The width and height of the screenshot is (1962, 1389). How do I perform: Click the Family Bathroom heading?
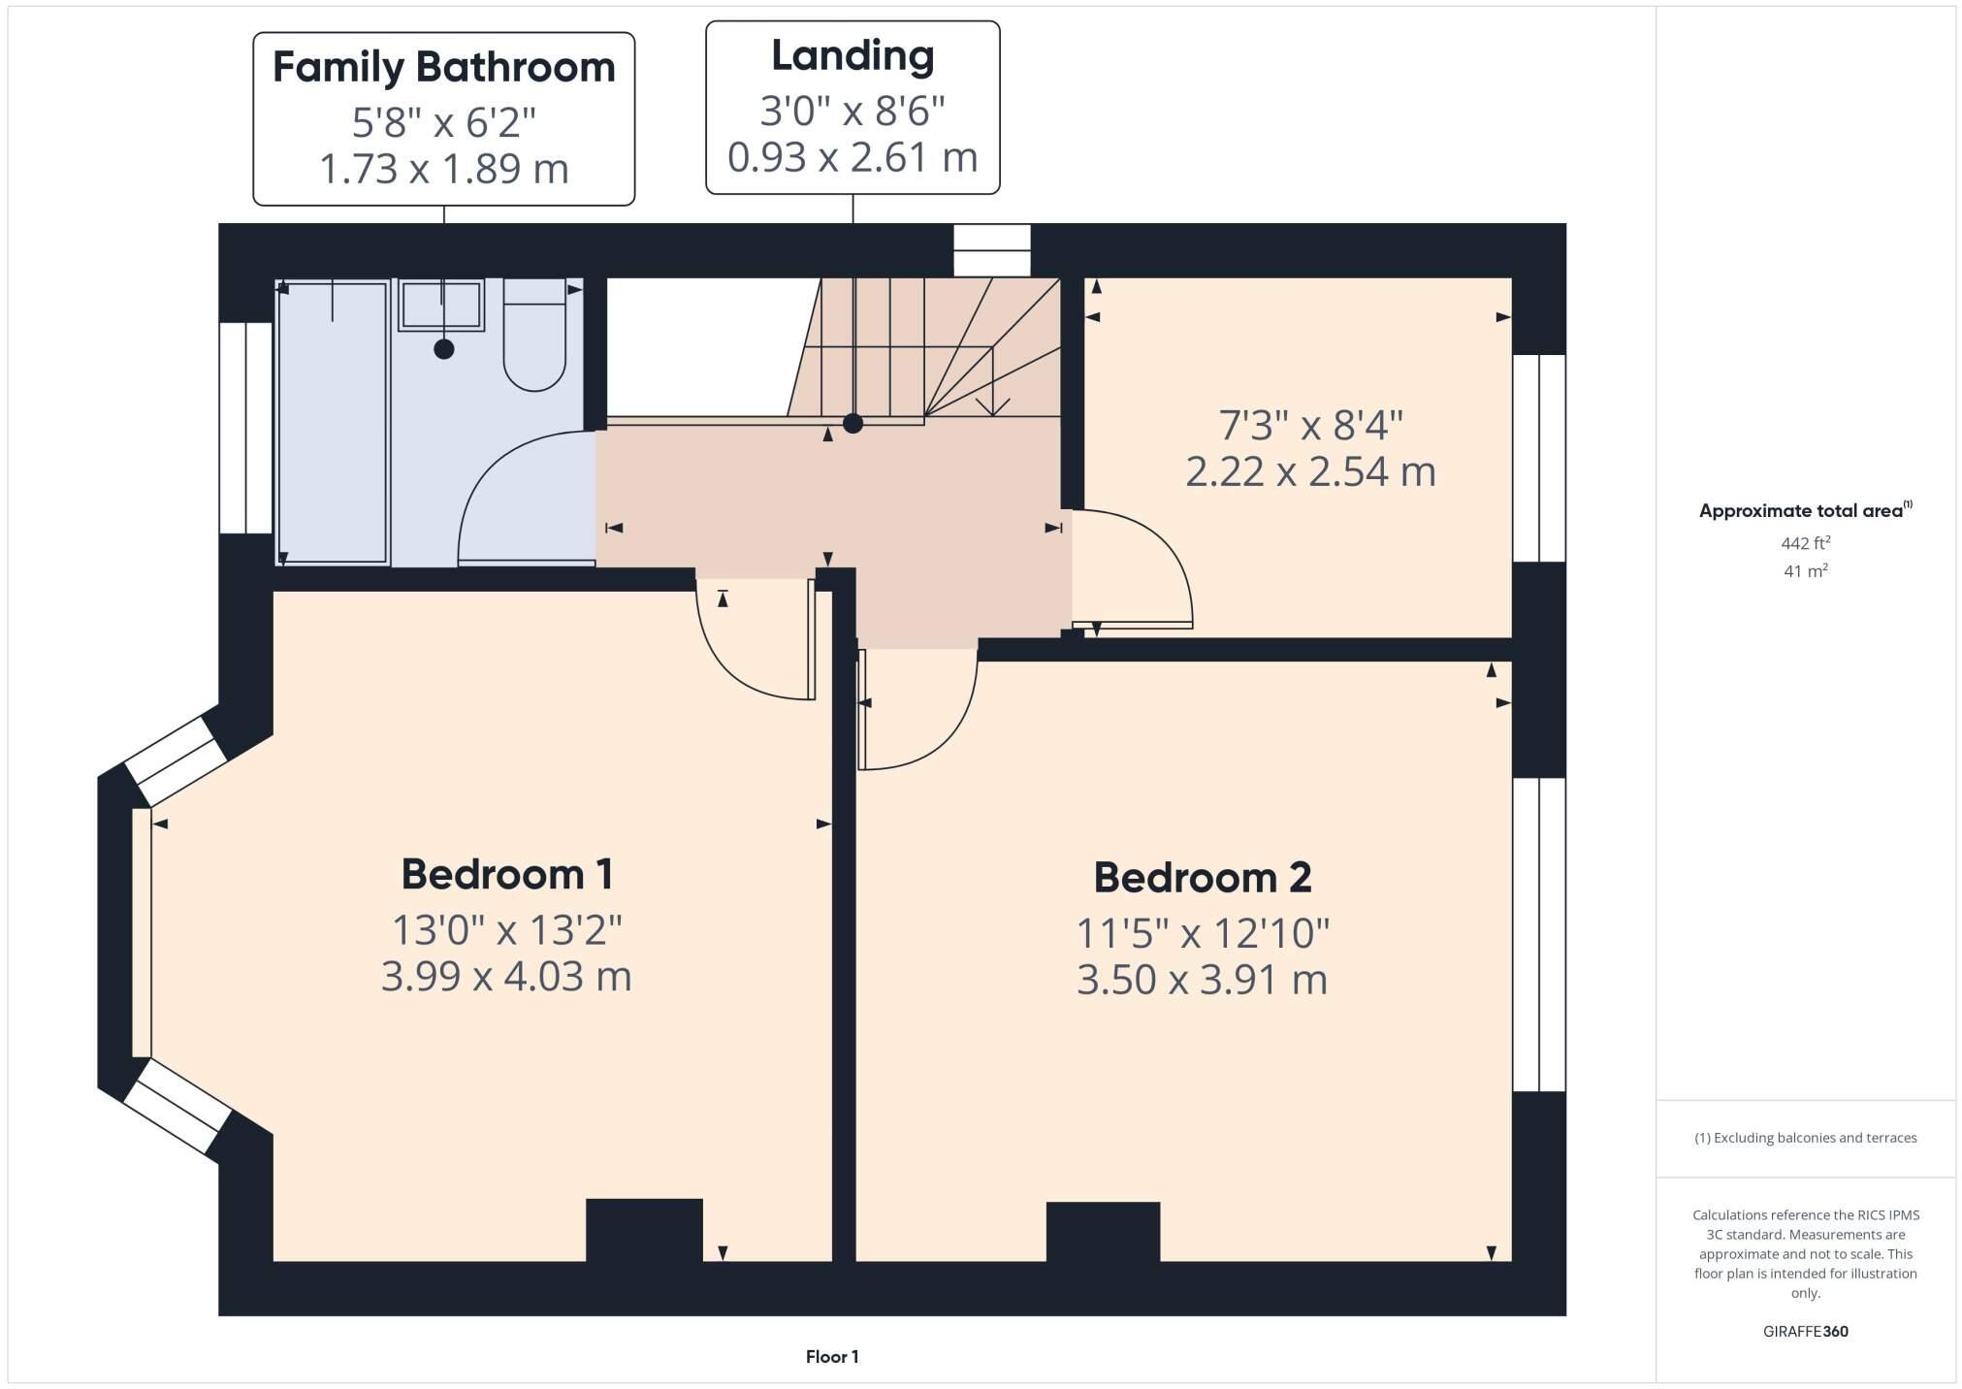pos(443,67)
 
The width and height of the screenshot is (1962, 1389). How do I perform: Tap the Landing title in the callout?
pos(852,55)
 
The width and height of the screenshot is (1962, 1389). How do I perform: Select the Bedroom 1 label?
pos(506,874)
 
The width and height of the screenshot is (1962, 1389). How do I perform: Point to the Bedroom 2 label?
pos(1202,878)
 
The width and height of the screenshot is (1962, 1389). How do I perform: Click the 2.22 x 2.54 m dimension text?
pos(1309,472)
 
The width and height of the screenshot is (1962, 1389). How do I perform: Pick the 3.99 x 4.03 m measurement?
pos(506,976)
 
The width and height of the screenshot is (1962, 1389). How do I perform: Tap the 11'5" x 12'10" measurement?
pos(1202,933)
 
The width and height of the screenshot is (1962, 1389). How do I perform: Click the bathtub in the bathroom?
pos(333,422)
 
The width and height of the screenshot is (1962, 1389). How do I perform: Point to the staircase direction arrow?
pos(992,388)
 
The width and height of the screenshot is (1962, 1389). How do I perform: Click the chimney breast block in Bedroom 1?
pos(644,1229)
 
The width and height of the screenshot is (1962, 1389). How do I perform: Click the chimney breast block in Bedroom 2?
pos(1103,1231)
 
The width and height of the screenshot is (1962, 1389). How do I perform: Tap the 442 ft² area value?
pos(1805,543)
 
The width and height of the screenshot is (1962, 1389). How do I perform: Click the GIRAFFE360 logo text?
pos(1805,1332)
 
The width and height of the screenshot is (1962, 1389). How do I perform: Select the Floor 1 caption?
pos(832,1357)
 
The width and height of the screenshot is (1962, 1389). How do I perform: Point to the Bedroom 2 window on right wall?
pos(1539,934)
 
